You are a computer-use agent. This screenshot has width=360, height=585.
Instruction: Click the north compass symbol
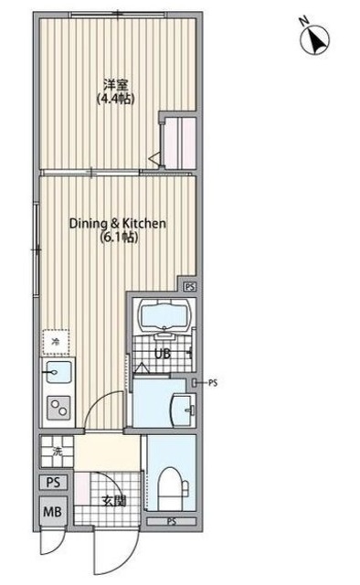[x=314, y=39]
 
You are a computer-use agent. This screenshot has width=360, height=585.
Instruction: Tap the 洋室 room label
[x=116, y=85]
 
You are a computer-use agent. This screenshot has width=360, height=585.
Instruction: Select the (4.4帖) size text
[x=116, y=99]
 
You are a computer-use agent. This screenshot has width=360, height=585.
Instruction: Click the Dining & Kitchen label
[x=118, y=223]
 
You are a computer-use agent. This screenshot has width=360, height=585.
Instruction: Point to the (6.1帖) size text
[x=120, y=237]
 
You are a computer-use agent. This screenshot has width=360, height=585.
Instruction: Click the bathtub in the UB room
[x=164, y=314]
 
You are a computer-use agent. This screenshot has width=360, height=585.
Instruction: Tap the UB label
[x=163, y=354]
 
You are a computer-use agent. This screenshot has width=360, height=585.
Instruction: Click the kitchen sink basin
[x=58, y=372]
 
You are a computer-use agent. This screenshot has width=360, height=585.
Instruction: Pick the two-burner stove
[x=59, y=407]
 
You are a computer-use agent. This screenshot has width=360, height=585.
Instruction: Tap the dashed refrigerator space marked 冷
[x=56, y=341]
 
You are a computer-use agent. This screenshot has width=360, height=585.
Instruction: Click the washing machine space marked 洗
[x=57, y=452]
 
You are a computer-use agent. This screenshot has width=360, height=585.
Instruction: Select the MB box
[x=53, y=512]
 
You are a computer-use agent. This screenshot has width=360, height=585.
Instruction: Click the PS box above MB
[x=53, y=482]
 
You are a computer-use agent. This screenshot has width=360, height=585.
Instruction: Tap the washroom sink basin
[x=183, y=410]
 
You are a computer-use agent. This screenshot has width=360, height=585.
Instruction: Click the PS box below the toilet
[x=171, y=522]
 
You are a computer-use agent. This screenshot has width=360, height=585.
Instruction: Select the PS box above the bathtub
[x=190, y=286]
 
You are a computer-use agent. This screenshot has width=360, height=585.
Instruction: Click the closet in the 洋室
[x=180, y=142]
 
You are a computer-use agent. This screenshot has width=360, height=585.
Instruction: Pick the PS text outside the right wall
[x=213, y=382]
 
